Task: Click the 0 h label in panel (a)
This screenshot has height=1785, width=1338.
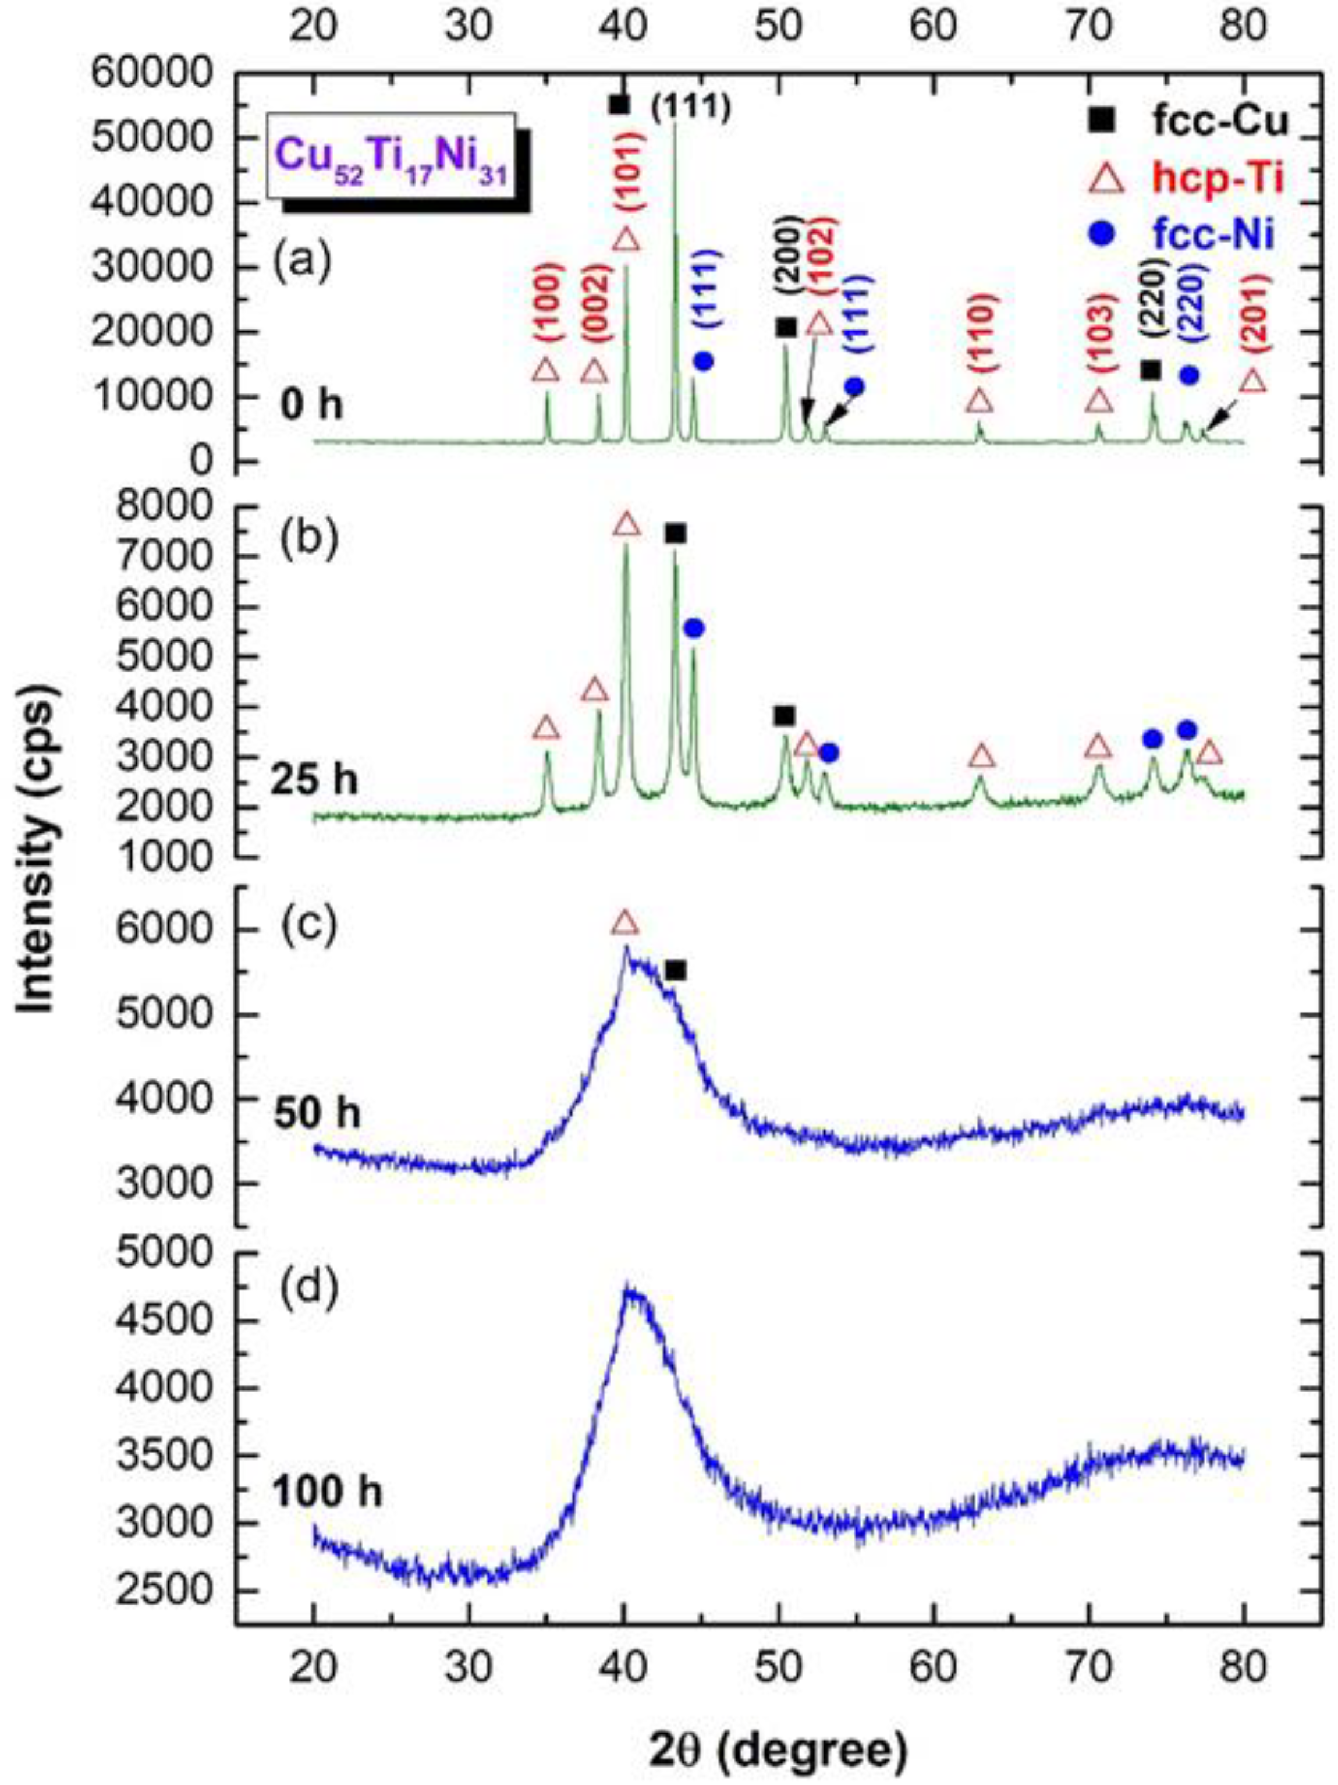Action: (311, 404)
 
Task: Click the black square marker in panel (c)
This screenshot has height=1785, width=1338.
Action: (676, 971)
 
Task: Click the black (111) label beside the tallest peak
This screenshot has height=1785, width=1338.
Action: (691, 107)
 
